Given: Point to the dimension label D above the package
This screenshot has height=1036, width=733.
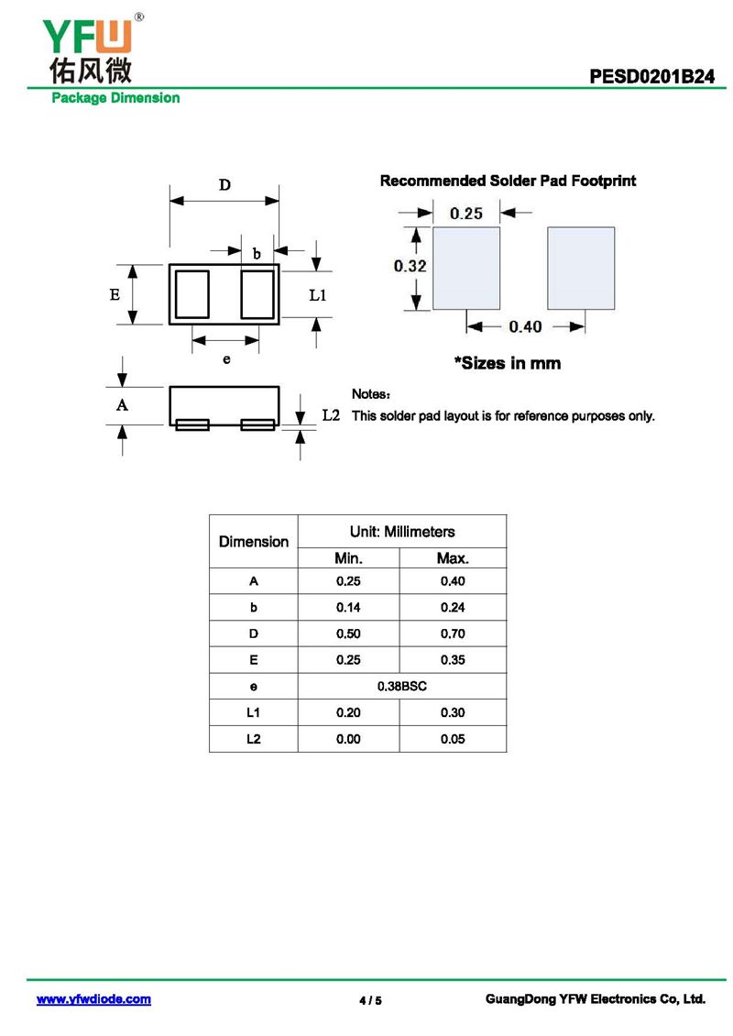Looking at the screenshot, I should click(x=224, y=185).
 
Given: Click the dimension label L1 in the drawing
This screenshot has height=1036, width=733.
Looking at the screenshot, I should click(x=318, y=295).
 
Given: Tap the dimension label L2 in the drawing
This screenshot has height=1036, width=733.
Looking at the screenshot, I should click(x=331, y=415).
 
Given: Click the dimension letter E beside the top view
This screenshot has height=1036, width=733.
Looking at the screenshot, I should click(x=115, y=295).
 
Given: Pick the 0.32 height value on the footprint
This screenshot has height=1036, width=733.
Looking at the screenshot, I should click(x=410, y=266).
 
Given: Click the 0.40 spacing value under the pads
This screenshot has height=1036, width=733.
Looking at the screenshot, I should click(x=525, y=326).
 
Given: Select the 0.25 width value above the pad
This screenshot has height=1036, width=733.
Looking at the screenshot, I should click(x=465, y=214).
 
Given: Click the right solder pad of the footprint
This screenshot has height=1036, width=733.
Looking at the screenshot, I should click(x=581, y=268).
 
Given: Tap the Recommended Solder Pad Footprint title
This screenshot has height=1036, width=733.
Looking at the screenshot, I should click(x=508, y=182).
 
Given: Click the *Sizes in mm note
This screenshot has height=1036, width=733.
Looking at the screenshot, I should click(x=508, y=363).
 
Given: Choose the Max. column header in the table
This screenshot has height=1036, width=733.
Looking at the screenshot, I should click(x=453, y=557).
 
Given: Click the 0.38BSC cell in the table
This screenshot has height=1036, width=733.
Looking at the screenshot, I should click(x=402, y=686).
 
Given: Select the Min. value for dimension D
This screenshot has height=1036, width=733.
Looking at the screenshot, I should click(x=348, y=634).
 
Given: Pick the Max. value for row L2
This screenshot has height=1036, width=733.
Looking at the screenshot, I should click(x=453, y=739).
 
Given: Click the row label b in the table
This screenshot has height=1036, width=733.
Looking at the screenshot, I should click(x=254, y=607).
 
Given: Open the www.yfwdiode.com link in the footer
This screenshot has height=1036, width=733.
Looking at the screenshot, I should click(x=93, y=999).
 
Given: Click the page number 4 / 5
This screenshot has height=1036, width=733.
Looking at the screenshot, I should click(x=370, y=1000).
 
